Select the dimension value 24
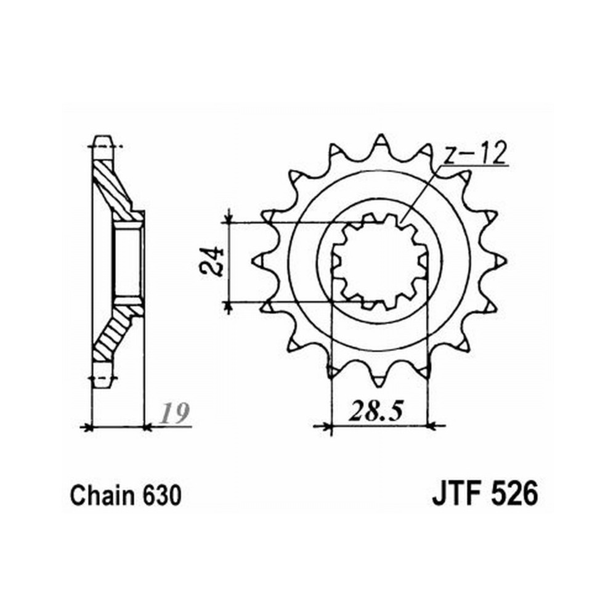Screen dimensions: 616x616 211,262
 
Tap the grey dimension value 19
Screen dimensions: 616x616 176,413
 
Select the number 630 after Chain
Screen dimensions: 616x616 162,495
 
